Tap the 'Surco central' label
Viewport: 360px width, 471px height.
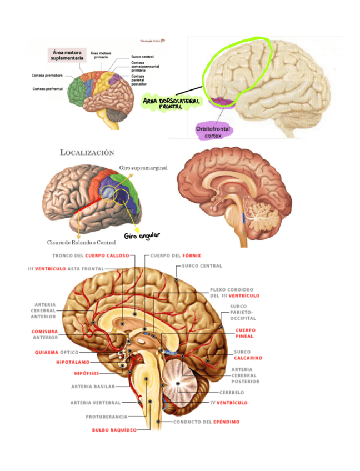[x=142, y=57]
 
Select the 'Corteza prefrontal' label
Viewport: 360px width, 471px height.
[x=47, y=88]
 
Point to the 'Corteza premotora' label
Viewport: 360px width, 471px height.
[x=47, y=75]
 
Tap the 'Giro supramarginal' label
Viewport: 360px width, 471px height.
[x=143, y=167]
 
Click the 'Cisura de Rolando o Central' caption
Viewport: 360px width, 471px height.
[x=81, y=242]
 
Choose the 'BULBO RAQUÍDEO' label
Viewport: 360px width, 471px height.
[x=113, y=430]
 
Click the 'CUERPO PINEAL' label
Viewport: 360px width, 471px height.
[x=245, y=333]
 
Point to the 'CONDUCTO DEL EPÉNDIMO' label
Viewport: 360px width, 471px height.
[x=206, y=422]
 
